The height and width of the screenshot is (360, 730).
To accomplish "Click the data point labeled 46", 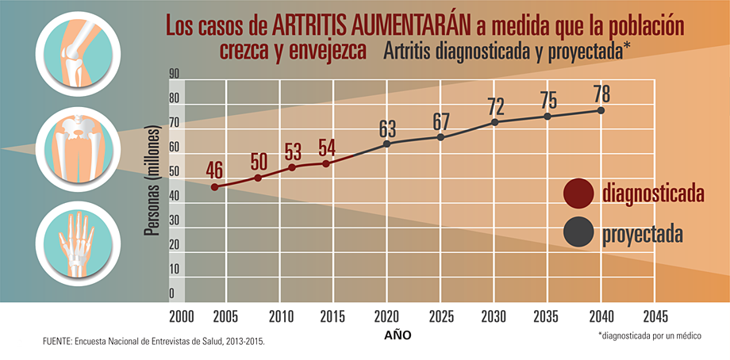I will tap(214, 187).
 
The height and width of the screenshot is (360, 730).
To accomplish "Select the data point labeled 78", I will tap(601, 110).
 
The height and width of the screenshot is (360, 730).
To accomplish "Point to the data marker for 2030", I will tap(495, 122).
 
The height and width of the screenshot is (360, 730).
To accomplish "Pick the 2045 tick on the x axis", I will tap(655, 316).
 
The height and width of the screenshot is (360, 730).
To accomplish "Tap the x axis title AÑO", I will tap(398, 335).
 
